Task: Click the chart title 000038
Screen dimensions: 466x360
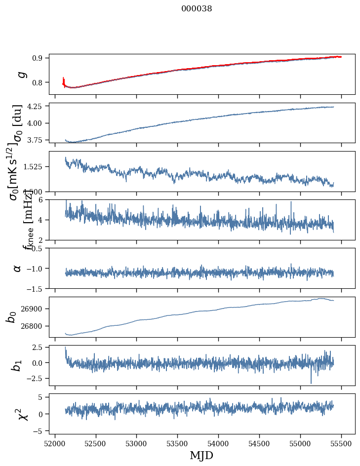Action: pyautogui.click(x=197, y=8)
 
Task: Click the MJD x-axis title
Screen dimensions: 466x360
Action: pyautogui.click(x=201, y=455)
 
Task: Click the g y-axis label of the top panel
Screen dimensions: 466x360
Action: pyautogui.click(x=20, y=74)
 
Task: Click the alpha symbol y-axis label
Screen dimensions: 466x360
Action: pyautogui.click(x=18, y=268)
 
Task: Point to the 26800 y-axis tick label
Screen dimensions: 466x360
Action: pyautogui.click(x=35, y=326)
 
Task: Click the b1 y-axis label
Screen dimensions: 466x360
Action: pyautogui.click(x=18, y=365)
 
